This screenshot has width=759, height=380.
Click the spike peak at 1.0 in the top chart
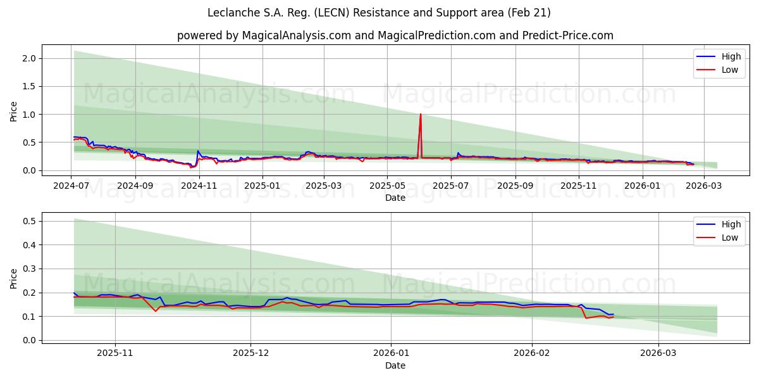point(420,115)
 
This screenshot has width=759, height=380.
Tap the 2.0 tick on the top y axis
point(30,58)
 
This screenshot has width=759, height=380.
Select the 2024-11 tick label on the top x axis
point(199,186)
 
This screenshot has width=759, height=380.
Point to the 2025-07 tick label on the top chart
point(450,186)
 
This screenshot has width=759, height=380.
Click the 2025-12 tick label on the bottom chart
point(250,353)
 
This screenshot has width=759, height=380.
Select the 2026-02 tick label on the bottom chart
point(531,353)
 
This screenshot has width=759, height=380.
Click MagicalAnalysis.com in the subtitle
point(296,35)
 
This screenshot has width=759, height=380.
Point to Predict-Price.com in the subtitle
point(568,35)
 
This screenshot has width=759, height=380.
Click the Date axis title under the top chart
point(395,198)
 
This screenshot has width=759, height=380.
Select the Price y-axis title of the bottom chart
point(14,278)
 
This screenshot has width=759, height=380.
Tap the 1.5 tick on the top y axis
point(30,86)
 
